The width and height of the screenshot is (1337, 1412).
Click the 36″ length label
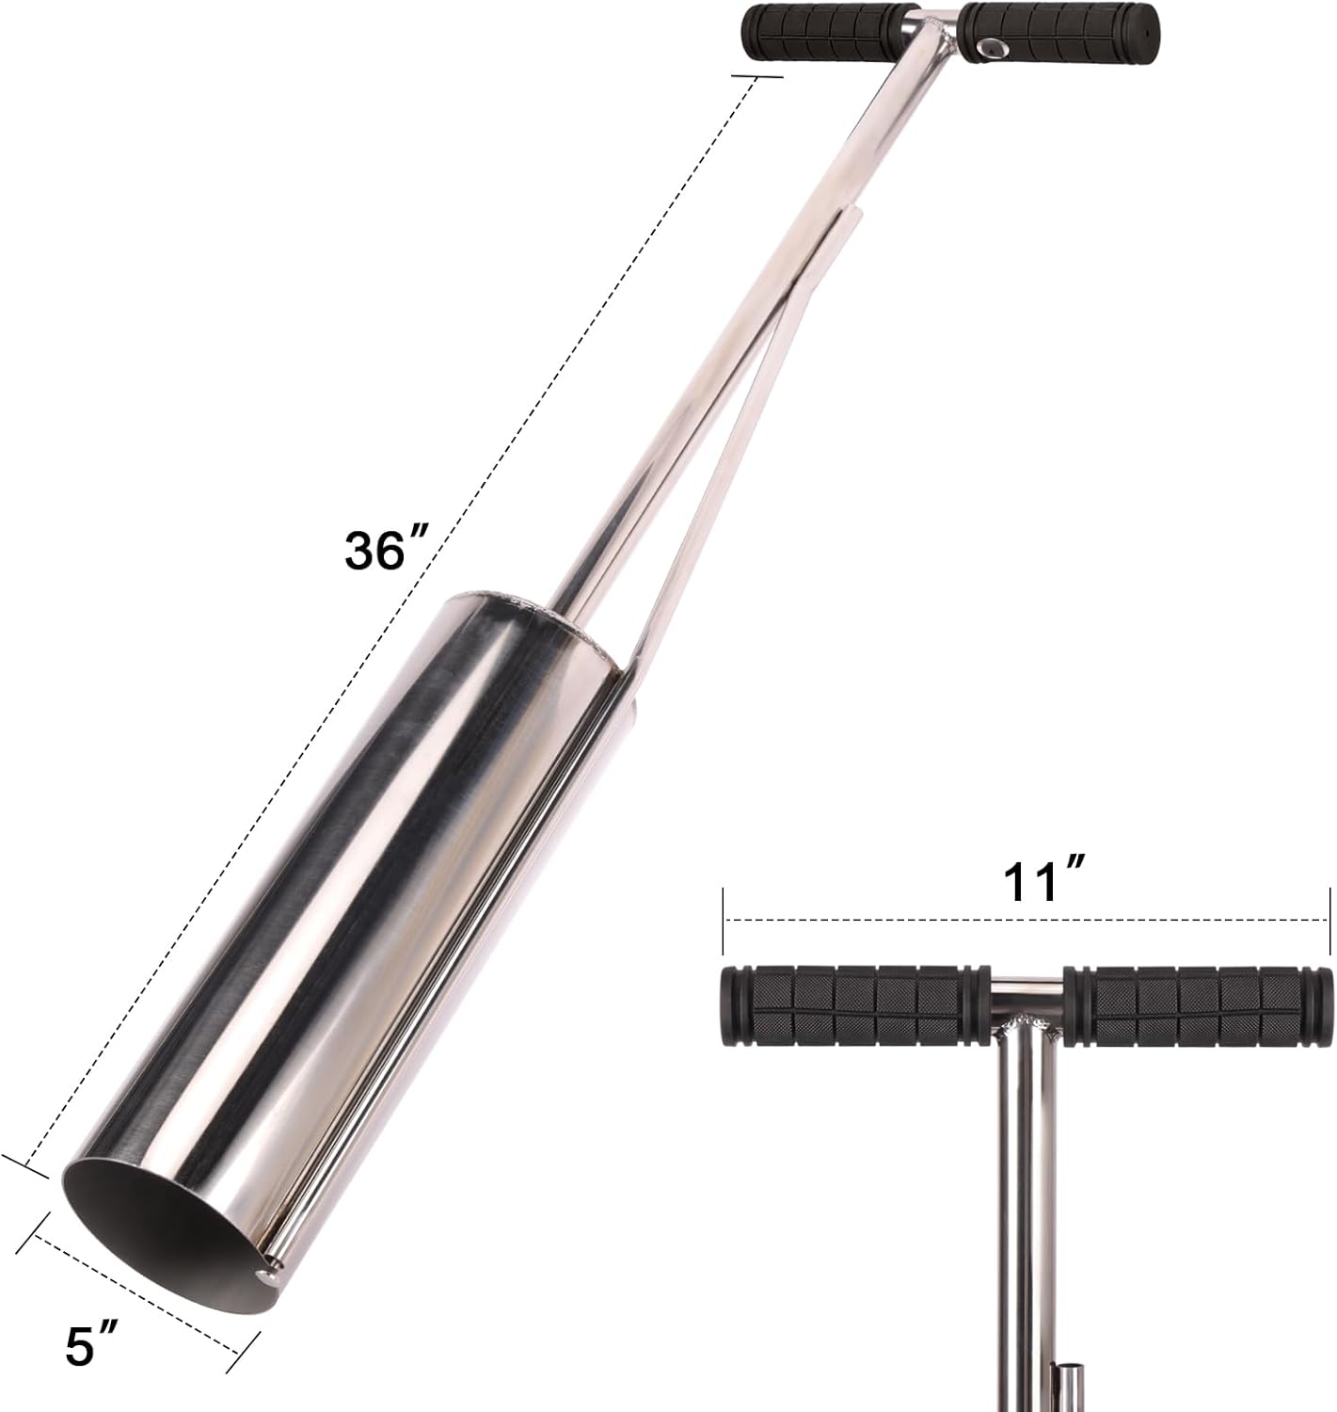click(387, 550)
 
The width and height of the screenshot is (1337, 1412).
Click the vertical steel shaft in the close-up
click(1021, 1224)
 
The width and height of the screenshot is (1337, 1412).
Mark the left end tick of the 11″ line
click(723, 918)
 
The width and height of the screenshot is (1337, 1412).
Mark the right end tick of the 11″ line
click(1329, 918)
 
